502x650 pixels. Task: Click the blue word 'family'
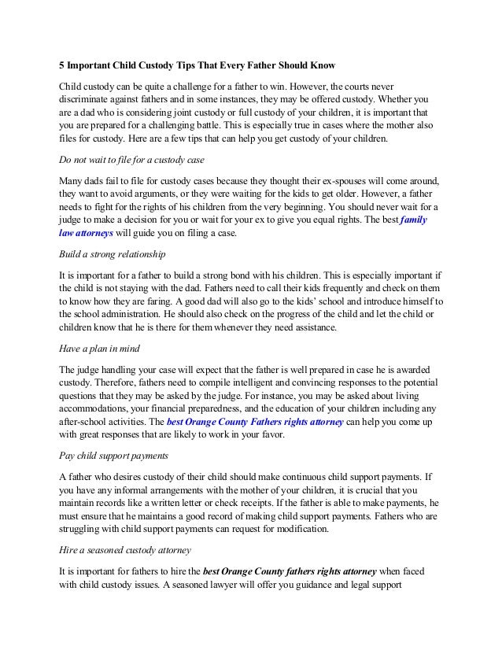click(x=414, y=221)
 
